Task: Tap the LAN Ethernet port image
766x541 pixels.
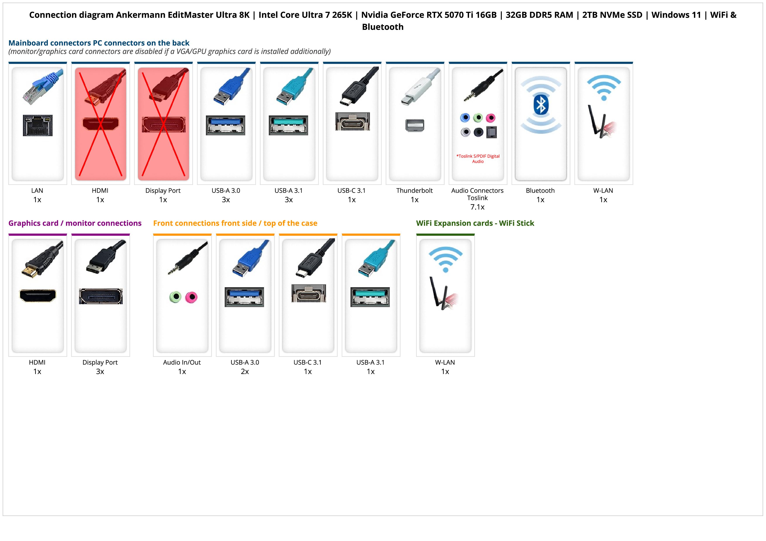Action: coord(38,125)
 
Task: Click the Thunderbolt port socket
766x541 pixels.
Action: coord(415,125)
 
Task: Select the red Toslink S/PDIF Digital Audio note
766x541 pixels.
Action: coord(478,159)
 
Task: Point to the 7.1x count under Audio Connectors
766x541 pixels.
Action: coord(477,207)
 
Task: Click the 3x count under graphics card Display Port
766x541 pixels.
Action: coord(100,371)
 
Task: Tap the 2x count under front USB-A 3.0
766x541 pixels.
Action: coord(245,371)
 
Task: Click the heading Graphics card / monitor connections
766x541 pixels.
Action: coord(75,223)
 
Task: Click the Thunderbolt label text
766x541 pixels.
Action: coord(414,190)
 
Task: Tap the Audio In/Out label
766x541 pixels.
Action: coord(182,362)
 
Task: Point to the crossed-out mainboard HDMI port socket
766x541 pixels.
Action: coord(100,124)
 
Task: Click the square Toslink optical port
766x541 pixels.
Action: coord(492,132)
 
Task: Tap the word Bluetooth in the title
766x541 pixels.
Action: coord(383,27)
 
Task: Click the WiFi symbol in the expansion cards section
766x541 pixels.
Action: coord(445,259)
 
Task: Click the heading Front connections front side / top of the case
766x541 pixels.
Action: coord(235,223)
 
